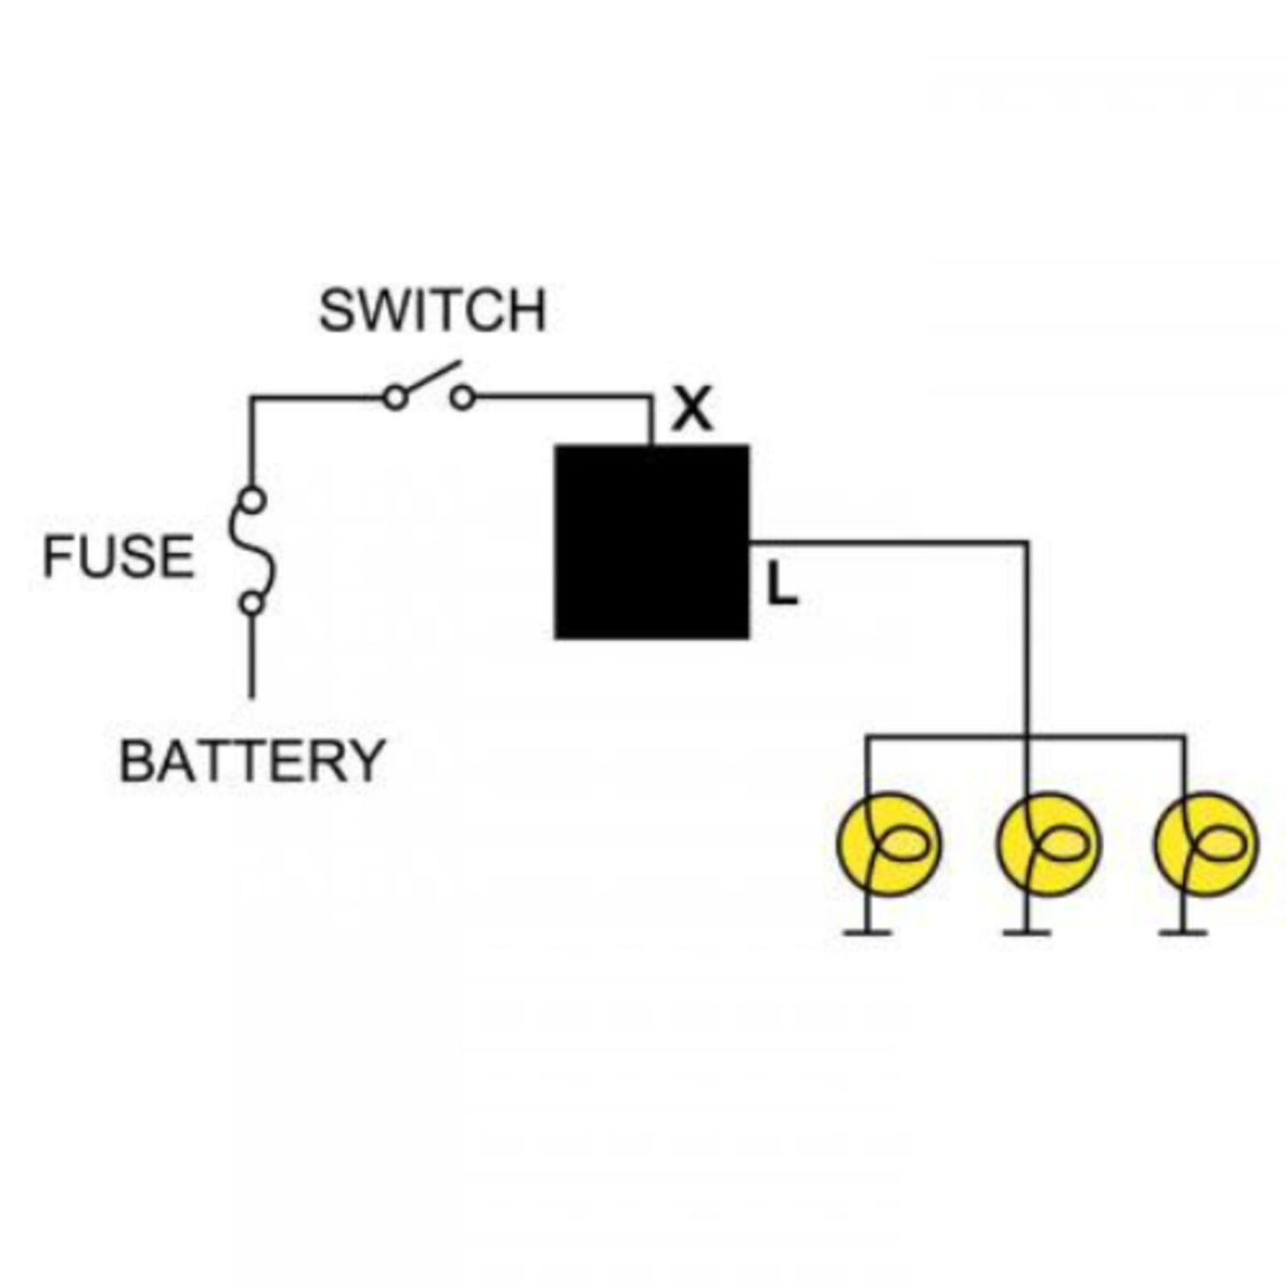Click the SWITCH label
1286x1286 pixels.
tap(432, 311)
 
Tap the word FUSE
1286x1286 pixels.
tap(118, 556)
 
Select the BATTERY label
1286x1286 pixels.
tap(252, 761)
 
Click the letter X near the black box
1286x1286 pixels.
tap(692, 410)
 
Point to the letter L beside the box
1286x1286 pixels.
tap(782, 585)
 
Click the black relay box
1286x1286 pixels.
tap(651, 542)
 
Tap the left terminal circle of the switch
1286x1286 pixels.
tap(396, 398)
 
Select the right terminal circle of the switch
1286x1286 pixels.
tap(463, 398)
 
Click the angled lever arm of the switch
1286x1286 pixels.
tap(430, 378)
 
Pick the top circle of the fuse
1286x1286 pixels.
tap(254, 501)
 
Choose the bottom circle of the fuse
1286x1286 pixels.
tap(252, 604)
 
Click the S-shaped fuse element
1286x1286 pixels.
tap(252, 551)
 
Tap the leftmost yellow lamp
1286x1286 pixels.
tap(888, 843)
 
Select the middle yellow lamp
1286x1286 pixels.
tap(1048, 843)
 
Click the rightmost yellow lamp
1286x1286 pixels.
tap(1207, 843)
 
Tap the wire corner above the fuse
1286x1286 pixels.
tap(252, 398)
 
